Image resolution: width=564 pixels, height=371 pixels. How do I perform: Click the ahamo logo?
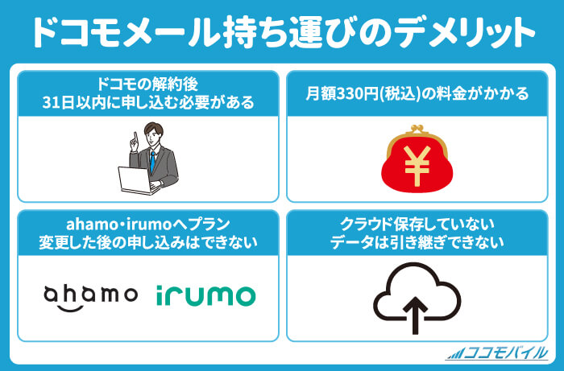click(90, 297)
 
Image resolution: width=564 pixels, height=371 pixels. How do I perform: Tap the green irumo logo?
click(205, 295)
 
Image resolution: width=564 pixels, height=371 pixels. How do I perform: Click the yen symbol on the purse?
click(417, 166)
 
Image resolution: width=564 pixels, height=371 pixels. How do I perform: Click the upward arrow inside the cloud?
click(416, 315)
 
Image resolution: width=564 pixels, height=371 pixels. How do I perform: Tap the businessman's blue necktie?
click(153, 161)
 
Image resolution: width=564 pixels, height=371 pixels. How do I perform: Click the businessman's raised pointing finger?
click(135, 137)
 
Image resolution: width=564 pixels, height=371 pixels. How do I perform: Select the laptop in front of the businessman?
click(139, 180)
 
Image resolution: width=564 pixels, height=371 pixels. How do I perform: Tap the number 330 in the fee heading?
click(350, 94)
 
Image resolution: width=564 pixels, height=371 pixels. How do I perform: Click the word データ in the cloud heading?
click(352, 243)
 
